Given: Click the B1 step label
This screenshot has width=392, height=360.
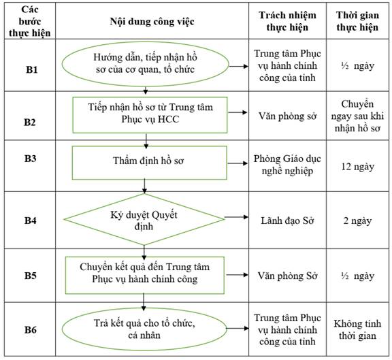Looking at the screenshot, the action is (32, 69).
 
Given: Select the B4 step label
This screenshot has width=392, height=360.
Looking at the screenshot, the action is (30, 220).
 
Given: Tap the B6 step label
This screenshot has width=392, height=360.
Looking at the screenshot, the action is (30, 330).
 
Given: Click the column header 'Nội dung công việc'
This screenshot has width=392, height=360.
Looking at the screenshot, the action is (152, 22).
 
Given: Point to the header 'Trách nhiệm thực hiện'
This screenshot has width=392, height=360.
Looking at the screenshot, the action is (287, 21).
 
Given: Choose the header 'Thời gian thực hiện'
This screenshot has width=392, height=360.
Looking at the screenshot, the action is (357, 21).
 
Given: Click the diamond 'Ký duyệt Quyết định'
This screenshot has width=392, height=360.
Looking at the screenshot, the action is (144, 219).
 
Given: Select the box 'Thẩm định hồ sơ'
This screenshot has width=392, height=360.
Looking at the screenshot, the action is (150, 163).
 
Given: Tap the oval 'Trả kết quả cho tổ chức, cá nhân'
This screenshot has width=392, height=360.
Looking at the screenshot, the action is (144, 329).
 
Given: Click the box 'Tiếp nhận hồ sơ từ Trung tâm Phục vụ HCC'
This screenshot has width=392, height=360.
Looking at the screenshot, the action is (150, 115).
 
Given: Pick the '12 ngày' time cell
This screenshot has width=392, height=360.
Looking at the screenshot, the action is (357, 167).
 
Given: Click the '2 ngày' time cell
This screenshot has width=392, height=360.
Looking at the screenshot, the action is (357, 220).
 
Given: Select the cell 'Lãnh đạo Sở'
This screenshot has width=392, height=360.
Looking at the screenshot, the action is (287, 220).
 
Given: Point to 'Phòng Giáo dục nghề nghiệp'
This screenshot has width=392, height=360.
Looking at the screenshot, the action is (287, 165).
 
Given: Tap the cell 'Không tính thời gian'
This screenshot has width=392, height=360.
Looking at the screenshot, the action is (357, 329).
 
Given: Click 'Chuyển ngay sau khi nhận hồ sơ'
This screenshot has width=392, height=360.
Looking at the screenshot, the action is (357, 116).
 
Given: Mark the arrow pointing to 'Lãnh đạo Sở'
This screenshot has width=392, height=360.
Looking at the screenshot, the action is (236, 217).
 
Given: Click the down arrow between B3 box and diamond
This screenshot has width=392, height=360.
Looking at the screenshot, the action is (144, 186).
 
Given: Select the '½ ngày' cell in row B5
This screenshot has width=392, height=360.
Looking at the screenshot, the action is (357, 276).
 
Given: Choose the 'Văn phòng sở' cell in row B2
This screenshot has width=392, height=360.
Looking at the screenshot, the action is (287, 116).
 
